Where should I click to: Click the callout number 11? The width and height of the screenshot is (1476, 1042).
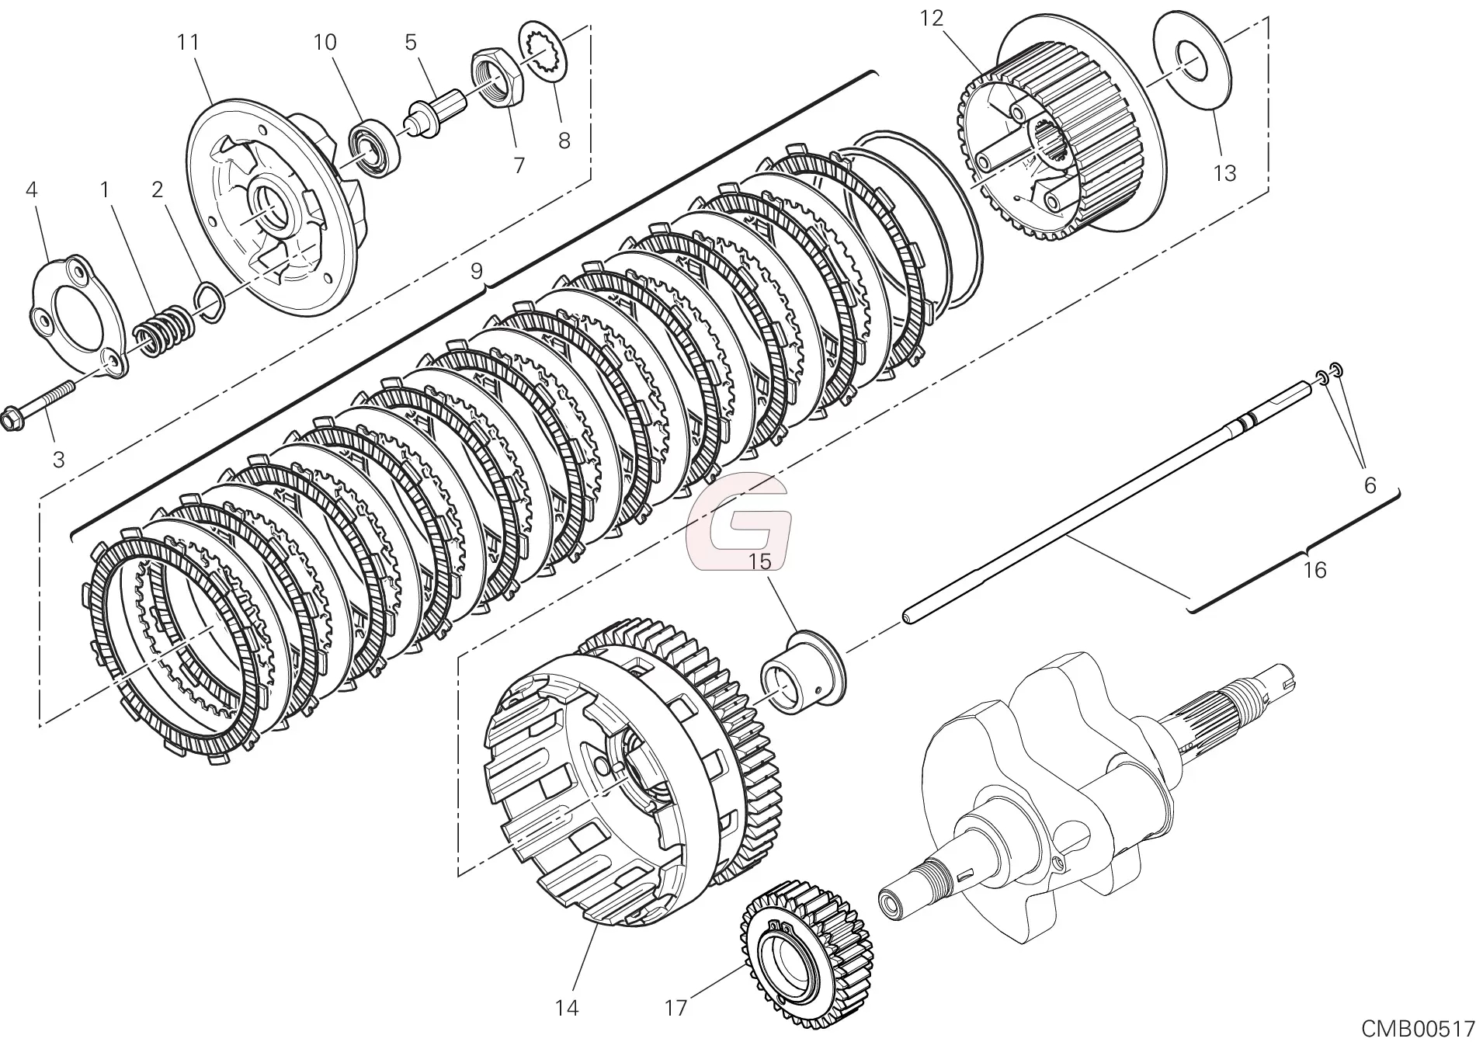188,42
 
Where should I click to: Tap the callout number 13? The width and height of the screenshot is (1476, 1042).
1224,172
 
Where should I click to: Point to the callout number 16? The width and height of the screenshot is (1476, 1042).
1314,570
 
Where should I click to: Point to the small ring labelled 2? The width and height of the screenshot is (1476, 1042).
210,301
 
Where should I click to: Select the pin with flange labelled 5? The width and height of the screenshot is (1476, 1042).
435,112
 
